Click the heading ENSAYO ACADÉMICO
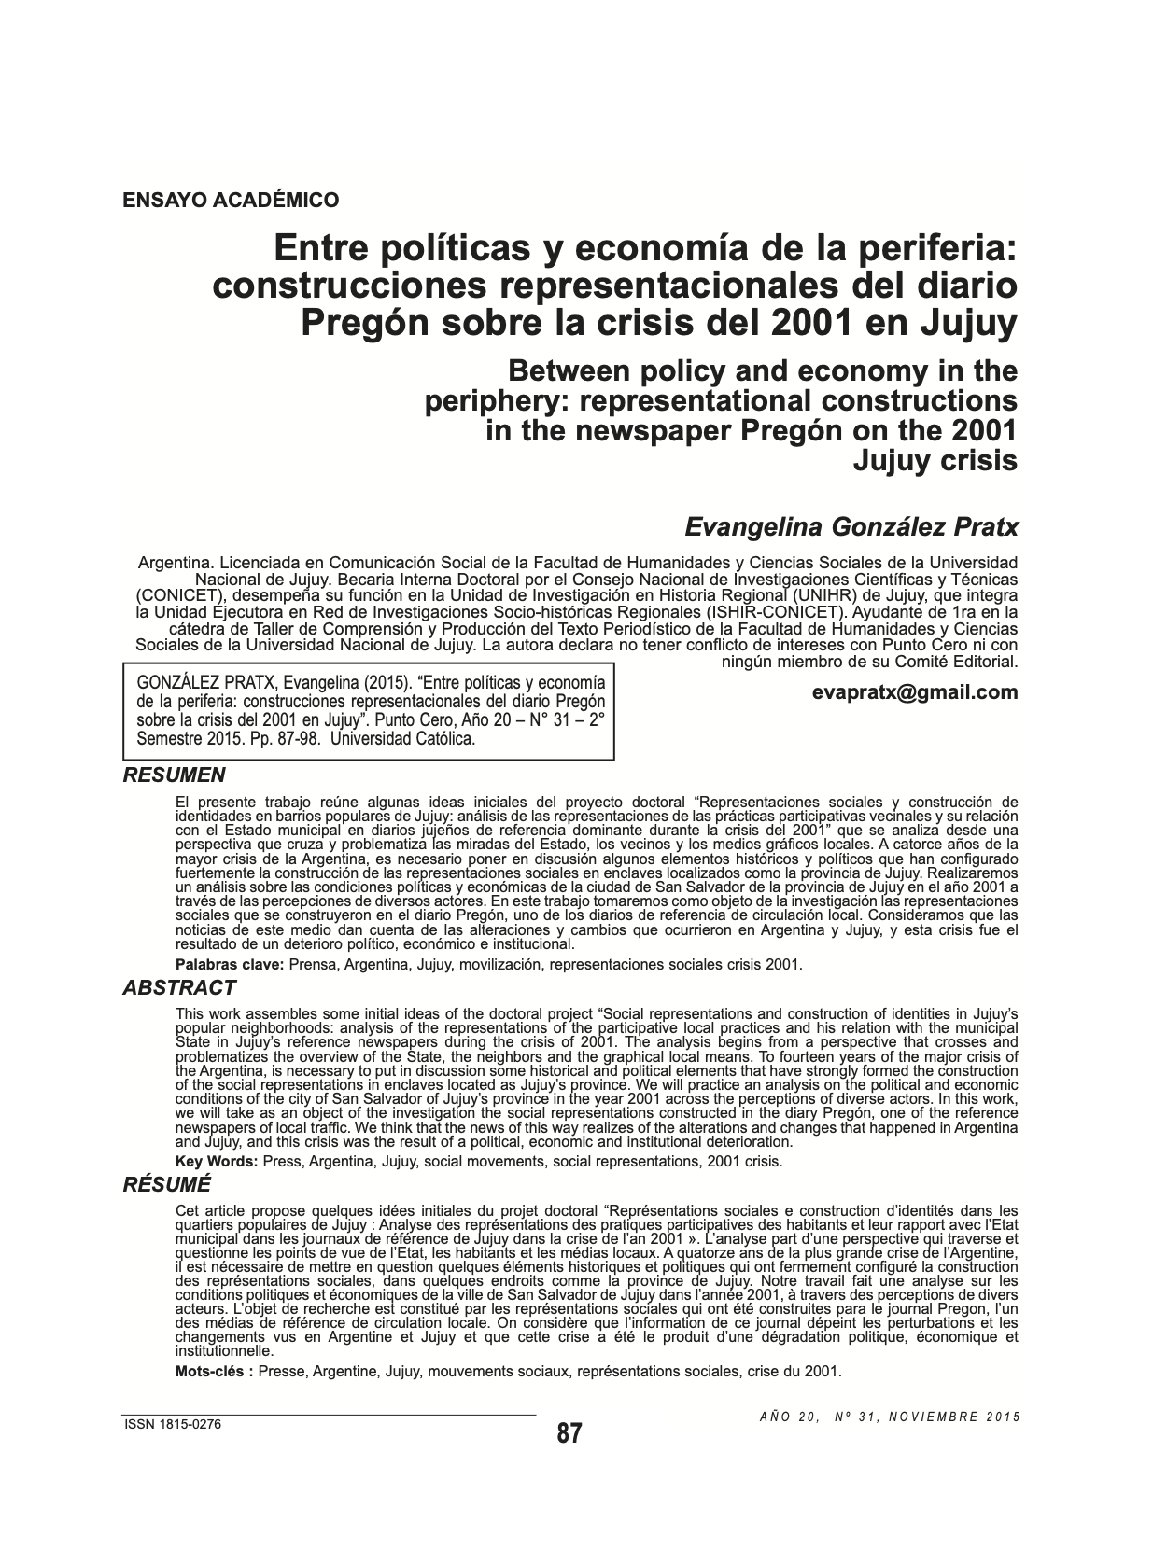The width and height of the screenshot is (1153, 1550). (x=231, y=200)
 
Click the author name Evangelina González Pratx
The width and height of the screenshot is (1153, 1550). (x=851, y=526)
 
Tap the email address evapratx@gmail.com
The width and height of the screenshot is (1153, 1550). (x=915, y=691)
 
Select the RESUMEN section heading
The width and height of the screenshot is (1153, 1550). (x=175, y=775)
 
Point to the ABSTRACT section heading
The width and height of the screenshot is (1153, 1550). (x=179, y=987)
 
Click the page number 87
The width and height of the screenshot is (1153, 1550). (x=569, y=1433)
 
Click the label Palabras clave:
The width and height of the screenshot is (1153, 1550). (x=230, y=964)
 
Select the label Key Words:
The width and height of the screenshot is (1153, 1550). (x=217, y=1161)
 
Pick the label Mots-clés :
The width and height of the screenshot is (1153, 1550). (x=215, y=1371)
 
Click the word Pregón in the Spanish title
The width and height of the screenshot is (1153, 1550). (x=359, y=323)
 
